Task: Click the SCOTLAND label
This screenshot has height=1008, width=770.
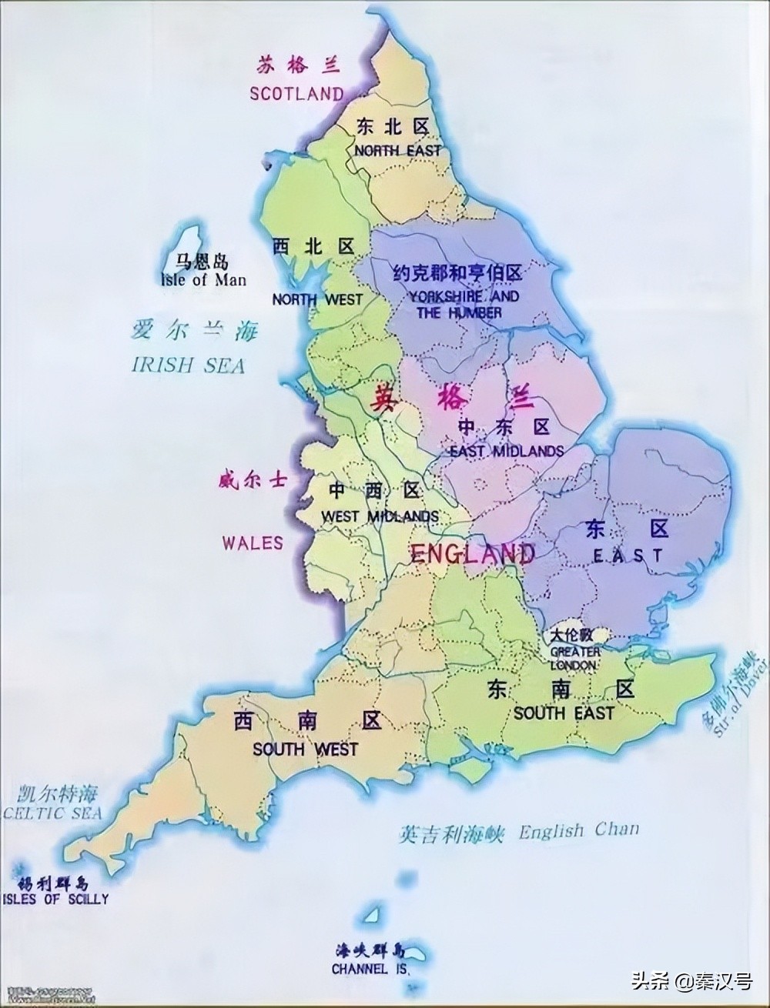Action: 296,94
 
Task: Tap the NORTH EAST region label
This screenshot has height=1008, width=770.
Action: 397,151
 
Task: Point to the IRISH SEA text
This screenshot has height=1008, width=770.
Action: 189,365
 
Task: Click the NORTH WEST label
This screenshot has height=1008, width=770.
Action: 316,299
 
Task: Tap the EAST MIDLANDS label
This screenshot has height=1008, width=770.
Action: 506,451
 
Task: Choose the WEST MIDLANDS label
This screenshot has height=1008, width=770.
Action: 380,516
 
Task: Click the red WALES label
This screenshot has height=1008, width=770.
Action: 253,543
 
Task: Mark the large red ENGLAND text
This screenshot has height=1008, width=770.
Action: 472,553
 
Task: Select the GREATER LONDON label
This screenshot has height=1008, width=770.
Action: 574,658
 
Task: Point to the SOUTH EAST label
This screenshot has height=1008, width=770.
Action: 564,713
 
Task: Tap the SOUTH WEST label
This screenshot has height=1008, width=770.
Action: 305,749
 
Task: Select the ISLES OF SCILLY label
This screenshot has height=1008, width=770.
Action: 55,898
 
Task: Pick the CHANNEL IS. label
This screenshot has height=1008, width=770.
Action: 369,970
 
